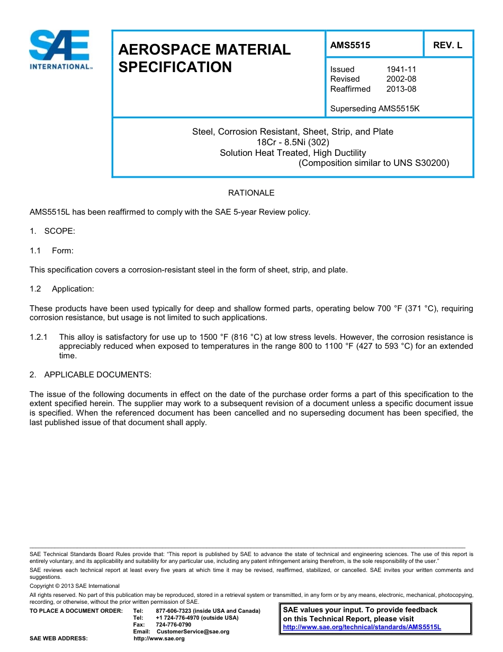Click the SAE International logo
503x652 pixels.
point(60,49)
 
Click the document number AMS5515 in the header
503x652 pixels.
point(350,46)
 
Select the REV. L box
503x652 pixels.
point(447,46)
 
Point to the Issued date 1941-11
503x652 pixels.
point(397,69)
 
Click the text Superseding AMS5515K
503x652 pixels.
point(374,109)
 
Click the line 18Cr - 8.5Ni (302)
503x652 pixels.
point(293,142)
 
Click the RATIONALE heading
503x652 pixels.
point(251,193)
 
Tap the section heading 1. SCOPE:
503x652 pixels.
point(52,231)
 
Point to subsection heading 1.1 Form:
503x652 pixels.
point(52,251)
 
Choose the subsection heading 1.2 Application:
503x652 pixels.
point(62,289)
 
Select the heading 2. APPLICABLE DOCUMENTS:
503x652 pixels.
point(91,375)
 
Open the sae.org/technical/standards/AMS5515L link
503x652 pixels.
point(362,627)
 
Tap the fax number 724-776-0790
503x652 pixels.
point(174,625)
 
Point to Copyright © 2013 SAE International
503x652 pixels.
point(75,586)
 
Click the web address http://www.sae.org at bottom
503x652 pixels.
point(159,639)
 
